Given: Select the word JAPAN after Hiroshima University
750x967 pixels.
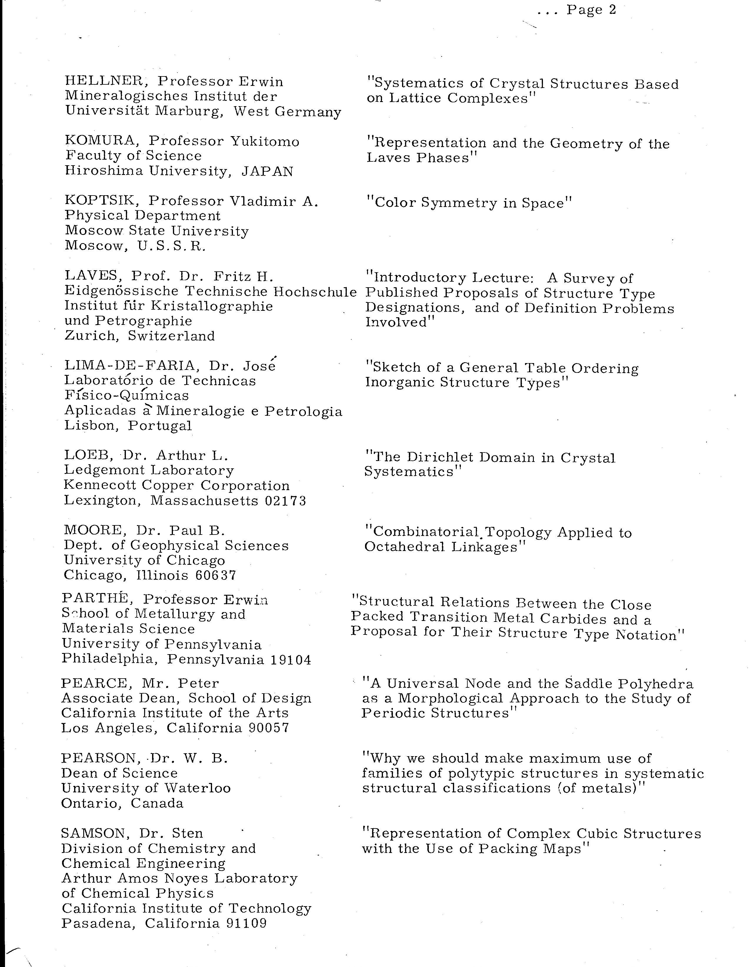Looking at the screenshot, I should point(267,171).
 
